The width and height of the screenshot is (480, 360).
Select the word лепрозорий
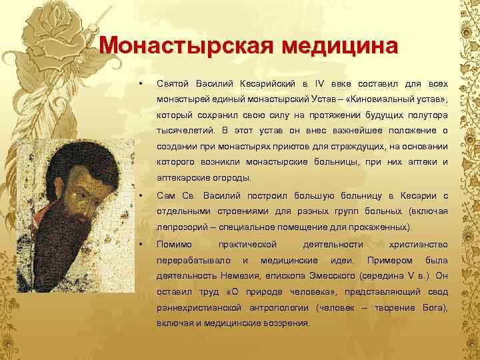181,227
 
